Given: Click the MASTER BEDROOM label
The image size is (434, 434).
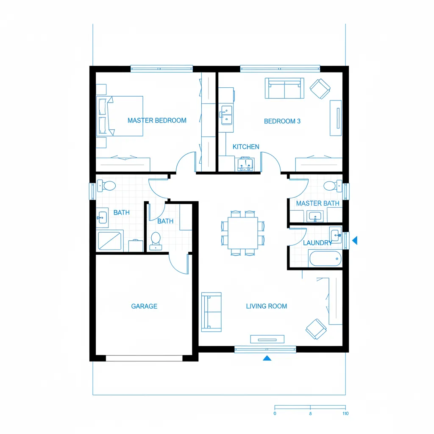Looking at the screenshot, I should coord(157,120).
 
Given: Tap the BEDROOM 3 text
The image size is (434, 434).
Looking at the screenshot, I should coord(282,121).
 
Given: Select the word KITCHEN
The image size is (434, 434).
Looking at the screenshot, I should coord(246,147).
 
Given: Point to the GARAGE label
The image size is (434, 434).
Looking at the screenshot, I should coord(144,306).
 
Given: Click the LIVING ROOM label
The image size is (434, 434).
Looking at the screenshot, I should coord(266,306).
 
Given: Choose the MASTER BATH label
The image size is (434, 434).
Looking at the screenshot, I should coord(317,203).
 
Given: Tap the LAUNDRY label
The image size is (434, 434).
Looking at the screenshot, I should coord(317,243).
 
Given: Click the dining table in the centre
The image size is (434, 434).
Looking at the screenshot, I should coord(242,233).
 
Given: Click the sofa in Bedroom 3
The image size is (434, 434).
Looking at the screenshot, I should coord(284,88).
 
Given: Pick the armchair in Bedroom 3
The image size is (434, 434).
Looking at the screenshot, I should coord(320,89).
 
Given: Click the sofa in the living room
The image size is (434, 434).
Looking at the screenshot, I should coord(211,312).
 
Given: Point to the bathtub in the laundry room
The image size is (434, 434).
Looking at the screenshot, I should coord(325,258).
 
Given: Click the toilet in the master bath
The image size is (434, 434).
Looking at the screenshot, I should coord(332,186).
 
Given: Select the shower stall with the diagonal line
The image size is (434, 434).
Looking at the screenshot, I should coord(110,241).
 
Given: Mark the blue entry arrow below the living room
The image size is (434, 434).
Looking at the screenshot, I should coord(267,358).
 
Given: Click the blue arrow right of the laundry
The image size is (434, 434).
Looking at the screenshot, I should coord(355,240).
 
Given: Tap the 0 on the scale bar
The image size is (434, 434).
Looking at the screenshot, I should coord(275,413).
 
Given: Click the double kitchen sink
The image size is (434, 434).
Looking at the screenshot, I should coord(226,115).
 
